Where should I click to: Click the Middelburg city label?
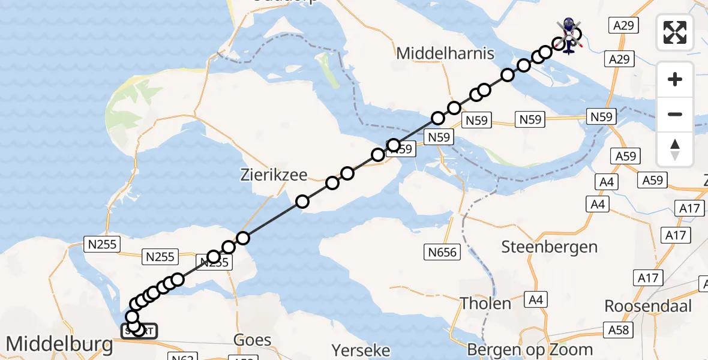(x=59, y=344)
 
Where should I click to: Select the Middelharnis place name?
(x=445, y=53)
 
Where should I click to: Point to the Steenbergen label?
(x=549, y=247)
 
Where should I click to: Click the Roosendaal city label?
(x=648, y=306)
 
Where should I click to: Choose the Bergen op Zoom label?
(x=530, y=349)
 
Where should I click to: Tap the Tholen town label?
(x=485, y=304)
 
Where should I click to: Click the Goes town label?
(x=253, y=340)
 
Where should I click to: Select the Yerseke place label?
(x=361, y=350)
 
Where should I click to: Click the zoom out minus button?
(x=675, y=114)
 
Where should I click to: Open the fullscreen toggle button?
(x=675, y=32)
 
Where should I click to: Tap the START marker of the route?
(x=139, y=331)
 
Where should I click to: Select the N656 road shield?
(x=443, y=251)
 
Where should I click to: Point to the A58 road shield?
(x=618, y=330)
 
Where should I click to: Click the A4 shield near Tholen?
(x=535, y=299)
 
